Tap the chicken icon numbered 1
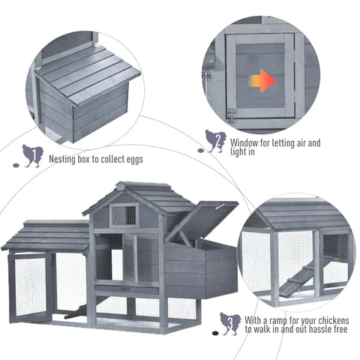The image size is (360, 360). click(32, 155)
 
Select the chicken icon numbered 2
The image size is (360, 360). click(214, 140)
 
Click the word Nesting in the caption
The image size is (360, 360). click(63, 160)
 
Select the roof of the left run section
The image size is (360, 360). click(46, 235)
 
